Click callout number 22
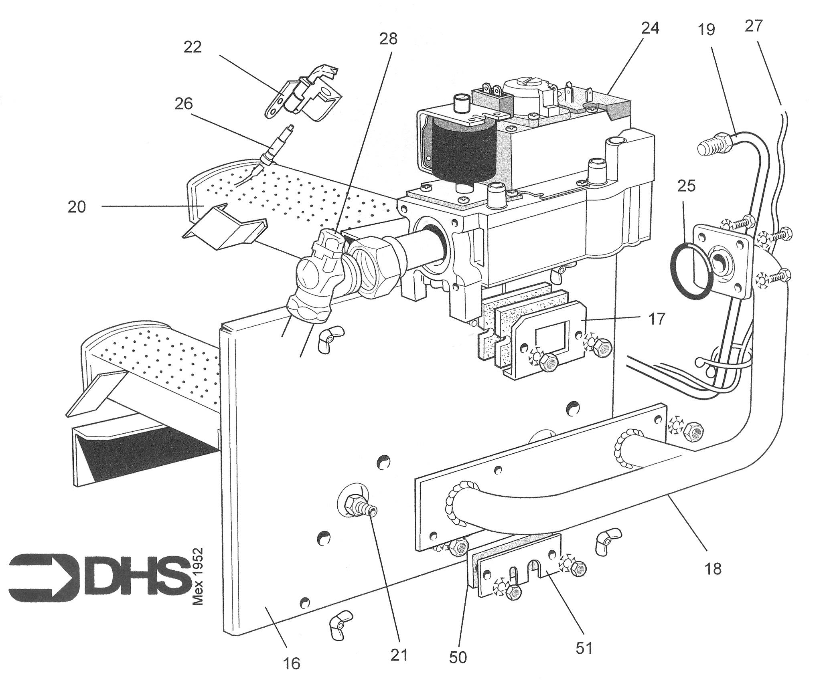193,47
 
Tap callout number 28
388,39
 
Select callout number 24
650,28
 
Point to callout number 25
686,186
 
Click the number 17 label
657,319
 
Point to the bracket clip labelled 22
305,96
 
